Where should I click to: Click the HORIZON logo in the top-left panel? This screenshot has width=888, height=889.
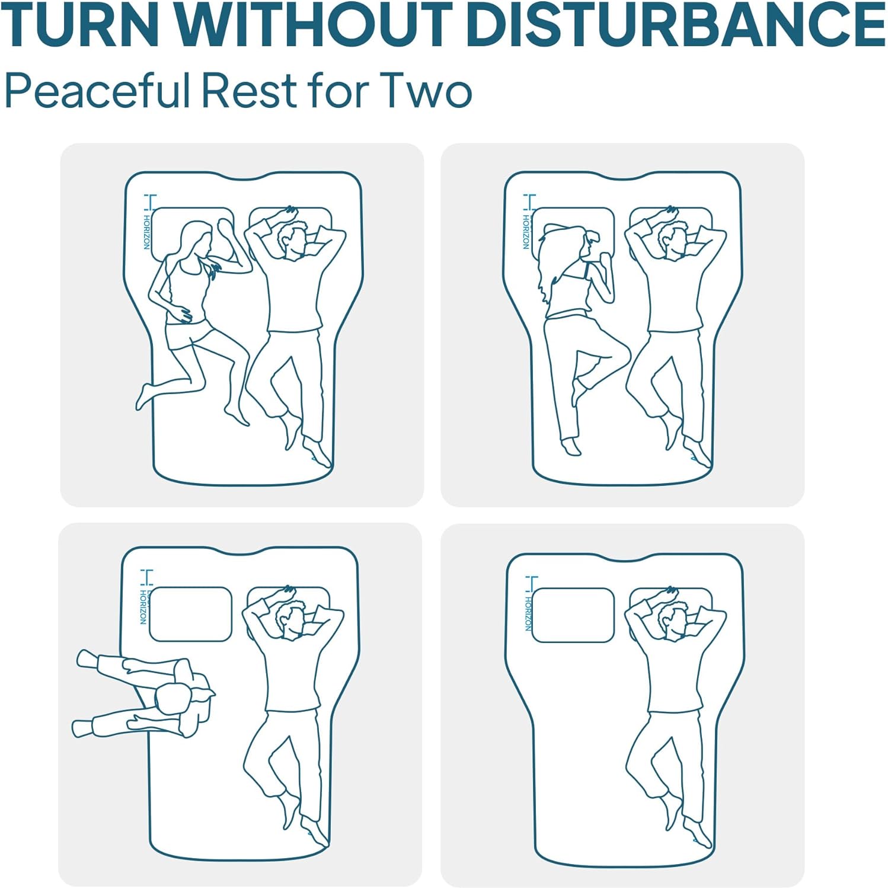(x=148, y=222)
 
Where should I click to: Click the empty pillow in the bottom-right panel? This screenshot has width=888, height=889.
(x=573, y=615)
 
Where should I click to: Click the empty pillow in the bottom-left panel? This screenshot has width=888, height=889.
(x=190, y=614)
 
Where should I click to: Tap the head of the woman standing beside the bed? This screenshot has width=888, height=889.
(x=174, y=699)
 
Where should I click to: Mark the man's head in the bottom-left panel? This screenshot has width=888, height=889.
(x=292, y=620)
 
